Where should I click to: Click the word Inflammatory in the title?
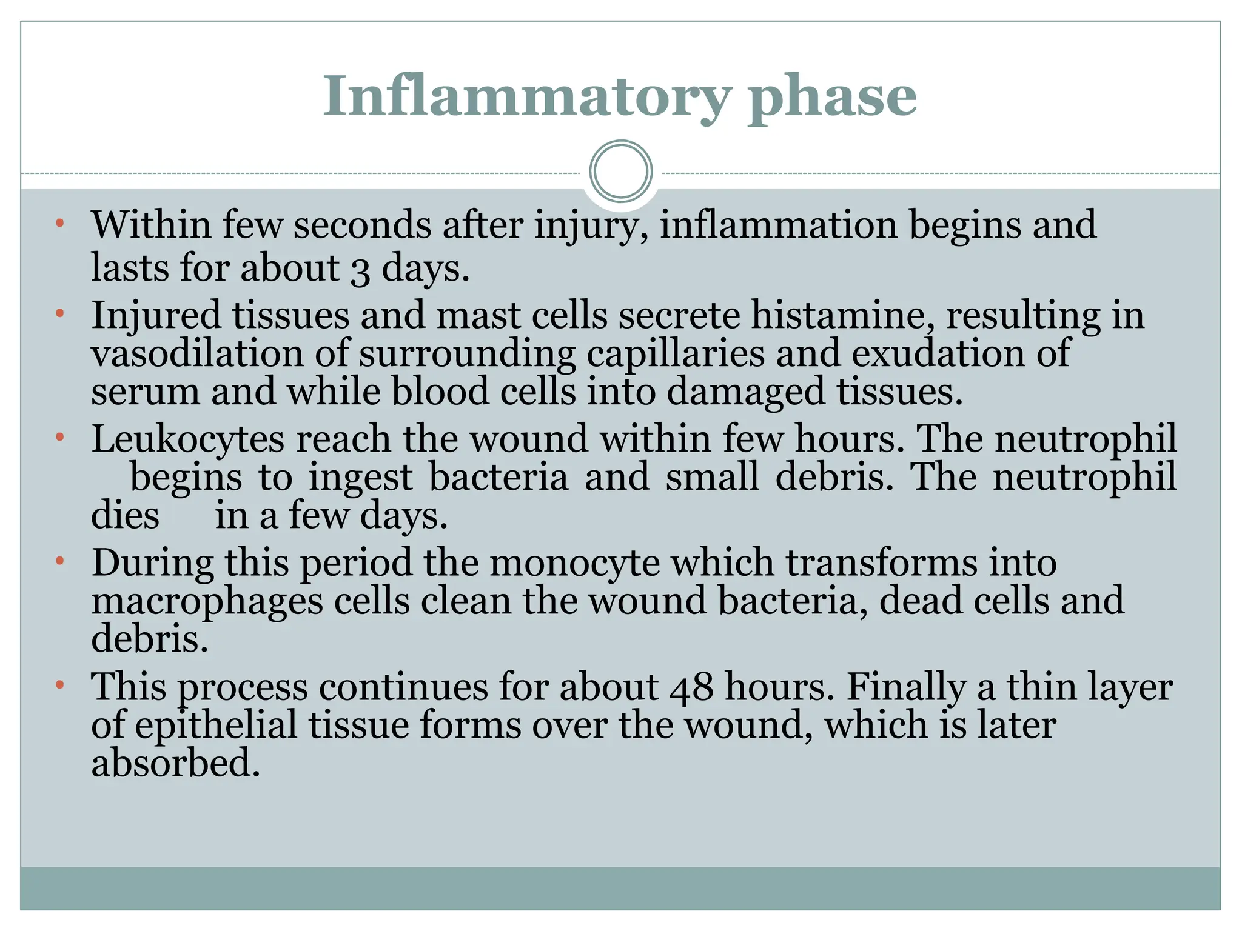pos(526,97)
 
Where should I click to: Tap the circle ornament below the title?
pos(621,171)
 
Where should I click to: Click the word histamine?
pos(843,316)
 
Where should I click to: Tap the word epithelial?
pos(217,726)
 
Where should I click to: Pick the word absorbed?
pos(176,763)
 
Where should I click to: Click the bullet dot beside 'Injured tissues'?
pos(59,314)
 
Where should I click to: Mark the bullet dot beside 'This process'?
pos(59,686)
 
